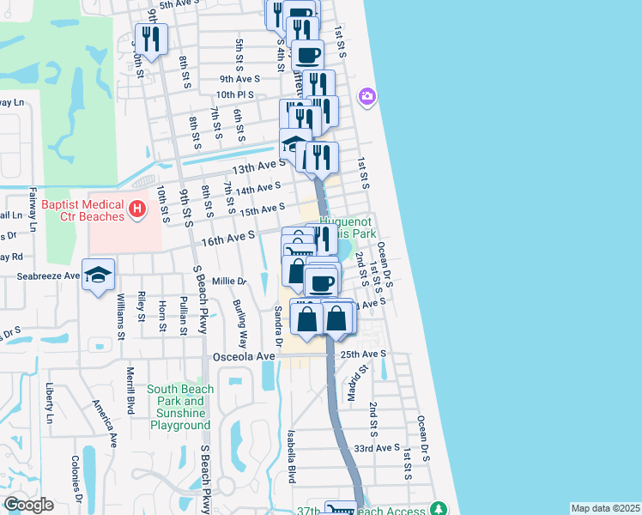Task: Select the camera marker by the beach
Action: pos(367,95)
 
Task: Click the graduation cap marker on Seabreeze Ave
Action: pos(99,274)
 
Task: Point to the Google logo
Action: pos(28,505)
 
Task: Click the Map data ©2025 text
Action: pos(604,507)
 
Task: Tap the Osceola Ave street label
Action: pos(245,356)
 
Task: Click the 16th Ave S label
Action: pos(228,237)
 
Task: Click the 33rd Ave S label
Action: pos(377,448)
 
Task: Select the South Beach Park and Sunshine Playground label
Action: pos(179,407)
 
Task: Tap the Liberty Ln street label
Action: pos(51,403)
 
